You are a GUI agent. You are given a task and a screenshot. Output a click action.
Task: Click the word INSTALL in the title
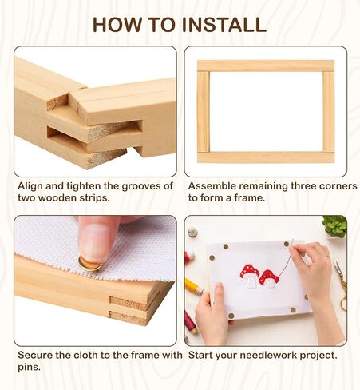click(224, 25)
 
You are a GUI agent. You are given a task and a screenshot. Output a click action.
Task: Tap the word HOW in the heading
click(117, 25)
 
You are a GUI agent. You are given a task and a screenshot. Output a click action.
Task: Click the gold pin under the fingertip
click(89, 264)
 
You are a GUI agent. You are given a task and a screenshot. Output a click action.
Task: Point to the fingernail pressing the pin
click(95, 243)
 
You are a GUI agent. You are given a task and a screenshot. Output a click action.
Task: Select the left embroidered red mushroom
click(250, 276)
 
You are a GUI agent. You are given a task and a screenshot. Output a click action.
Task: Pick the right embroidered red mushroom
click(269, 279)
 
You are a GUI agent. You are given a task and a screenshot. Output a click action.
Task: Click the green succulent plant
click(335, 226)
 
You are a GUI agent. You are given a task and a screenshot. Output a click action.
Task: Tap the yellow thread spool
click(193, 287)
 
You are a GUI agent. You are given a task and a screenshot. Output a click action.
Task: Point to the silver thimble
click(192, 232)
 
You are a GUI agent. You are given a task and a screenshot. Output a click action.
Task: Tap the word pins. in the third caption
click(30, 368)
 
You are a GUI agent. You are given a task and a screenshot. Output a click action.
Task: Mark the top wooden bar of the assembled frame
click(266, 66)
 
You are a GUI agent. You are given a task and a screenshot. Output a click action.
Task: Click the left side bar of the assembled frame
click(204, 112)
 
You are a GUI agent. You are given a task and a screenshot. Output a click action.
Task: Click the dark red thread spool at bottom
click(191, 322)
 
